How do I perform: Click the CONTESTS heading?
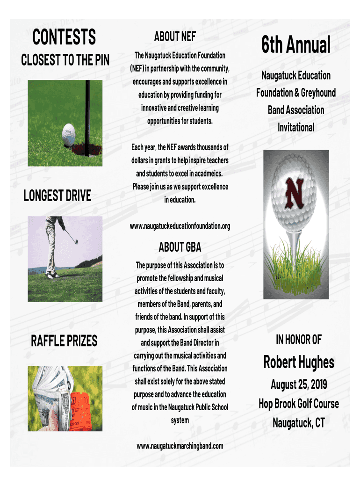(64, 37)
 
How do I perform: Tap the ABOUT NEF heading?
(175, 36)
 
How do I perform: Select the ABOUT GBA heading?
(180, 247)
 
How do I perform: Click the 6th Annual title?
(296, 45)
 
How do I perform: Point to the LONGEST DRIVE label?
(58, 196)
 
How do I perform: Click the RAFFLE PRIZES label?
(64, 341)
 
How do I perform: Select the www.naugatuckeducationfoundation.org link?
(180, 226)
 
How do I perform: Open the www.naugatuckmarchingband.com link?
(180, 446)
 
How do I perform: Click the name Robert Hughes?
(299, 362)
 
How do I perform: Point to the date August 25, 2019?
(299, 385)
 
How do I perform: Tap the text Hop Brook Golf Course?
(299, 404)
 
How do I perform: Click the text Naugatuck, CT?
(299, 423)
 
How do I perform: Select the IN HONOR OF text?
(299, 340)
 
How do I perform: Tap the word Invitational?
(296, 127)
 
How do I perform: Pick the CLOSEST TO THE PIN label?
(65, 60)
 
